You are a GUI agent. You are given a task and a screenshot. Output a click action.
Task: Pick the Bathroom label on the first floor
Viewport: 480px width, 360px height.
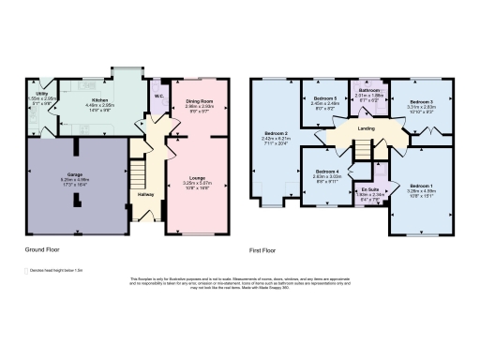(x=371, y=90)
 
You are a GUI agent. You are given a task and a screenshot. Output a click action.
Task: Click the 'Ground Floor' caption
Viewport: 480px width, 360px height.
(x=40, y=250)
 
